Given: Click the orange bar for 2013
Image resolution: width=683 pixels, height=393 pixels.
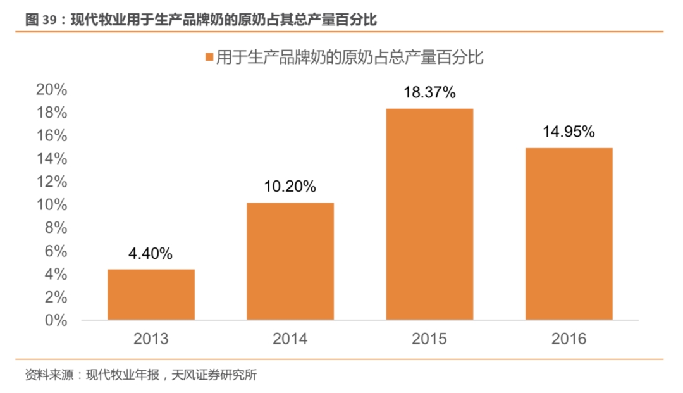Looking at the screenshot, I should tap(151, 294).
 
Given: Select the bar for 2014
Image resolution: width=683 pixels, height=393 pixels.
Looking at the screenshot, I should tap(290, 261).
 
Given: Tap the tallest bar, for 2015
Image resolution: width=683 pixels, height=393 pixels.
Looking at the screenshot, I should tap(429, 214).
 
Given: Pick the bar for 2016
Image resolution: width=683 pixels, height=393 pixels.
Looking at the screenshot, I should tap(569, 234).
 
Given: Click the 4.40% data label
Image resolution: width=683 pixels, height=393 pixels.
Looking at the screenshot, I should tap(151, 254).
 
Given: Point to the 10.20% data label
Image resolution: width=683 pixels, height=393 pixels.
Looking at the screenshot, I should tap(290, 187).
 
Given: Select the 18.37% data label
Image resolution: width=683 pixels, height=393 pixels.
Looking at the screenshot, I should tap(429, 93).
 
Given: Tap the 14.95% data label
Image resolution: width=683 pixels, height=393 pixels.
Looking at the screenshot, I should tap(569, 132).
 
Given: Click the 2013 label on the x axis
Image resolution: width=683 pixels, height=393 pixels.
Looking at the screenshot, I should tap(151, 339).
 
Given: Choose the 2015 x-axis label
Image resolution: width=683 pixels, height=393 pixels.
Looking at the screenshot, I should tap(429, 339).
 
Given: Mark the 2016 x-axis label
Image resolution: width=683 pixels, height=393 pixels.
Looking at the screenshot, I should tap(569, 339).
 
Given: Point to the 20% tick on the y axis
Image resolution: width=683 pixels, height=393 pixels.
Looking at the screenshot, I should tap(51, 89).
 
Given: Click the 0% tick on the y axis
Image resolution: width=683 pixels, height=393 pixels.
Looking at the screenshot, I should tap(55, 320).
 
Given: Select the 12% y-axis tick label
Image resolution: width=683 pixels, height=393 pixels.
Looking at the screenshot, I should tap(51, 182).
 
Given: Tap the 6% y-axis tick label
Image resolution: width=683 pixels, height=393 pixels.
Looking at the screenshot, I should tap(55, 251).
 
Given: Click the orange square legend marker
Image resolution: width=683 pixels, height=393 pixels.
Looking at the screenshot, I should tap(209, 58).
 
